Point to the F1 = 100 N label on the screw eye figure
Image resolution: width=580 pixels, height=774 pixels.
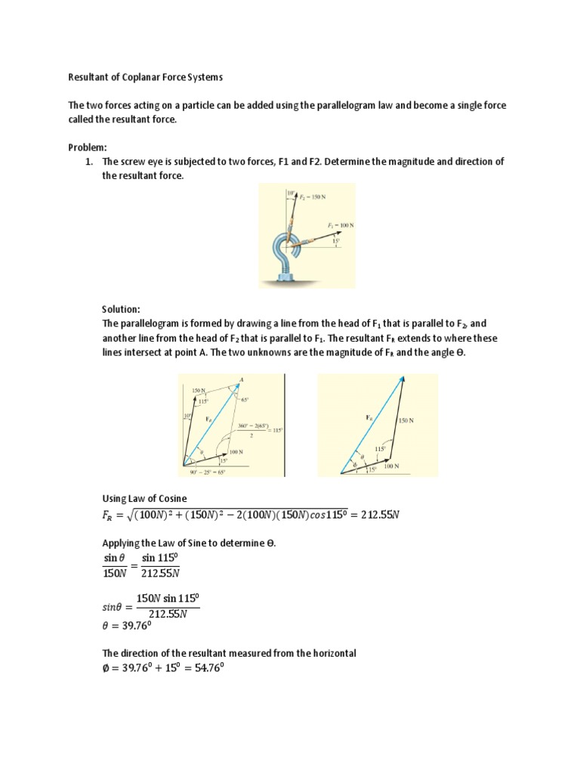(x=341, y=226)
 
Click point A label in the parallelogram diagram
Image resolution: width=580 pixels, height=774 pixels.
(x=241, y=379)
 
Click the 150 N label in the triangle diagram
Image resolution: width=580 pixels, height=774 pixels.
(x=406, y=420)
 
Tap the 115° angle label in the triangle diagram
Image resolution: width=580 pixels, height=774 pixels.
(x=380, y=449)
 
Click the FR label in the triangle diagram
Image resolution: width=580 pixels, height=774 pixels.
(x=369, y=417)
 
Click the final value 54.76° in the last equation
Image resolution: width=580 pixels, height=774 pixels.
(x=205, y=667)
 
